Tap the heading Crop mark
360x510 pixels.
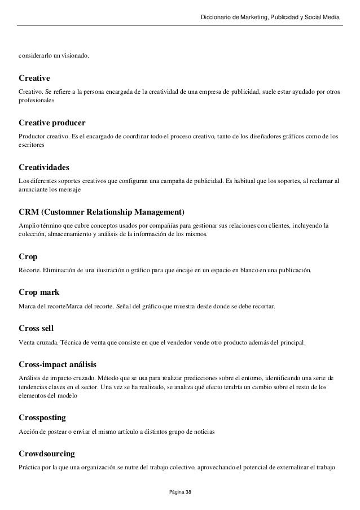coord(39,292)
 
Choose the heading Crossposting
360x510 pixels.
coord(42,417)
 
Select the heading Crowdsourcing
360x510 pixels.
coord(47,453)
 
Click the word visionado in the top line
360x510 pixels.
coord(74,56)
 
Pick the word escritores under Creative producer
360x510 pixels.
coord(32,145)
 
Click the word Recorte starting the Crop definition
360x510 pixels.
coord(30,270)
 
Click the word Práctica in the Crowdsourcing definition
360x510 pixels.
coord(29,466)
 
